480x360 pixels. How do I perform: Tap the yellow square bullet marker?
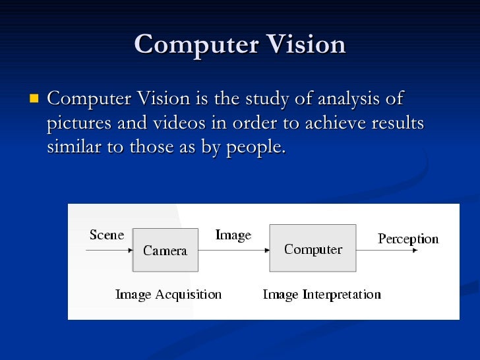(x=34, y=100)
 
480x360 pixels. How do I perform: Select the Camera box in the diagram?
(x=165, y=250)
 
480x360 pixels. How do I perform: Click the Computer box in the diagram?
(x=313, y=249)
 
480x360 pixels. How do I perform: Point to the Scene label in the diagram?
(x=107, y=235)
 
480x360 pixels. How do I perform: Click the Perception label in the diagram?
(x=407, y=239)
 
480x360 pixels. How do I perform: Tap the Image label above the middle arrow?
(x=233, y=235)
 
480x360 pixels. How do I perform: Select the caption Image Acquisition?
(x=168, y=294)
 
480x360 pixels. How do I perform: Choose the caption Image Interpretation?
(x=322, y=294)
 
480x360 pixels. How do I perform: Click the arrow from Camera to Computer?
(x=233, y=250)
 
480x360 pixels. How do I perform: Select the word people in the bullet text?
(x=255, y=148)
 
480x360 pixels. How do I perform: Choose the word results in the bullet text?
(x=397, y=123)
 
